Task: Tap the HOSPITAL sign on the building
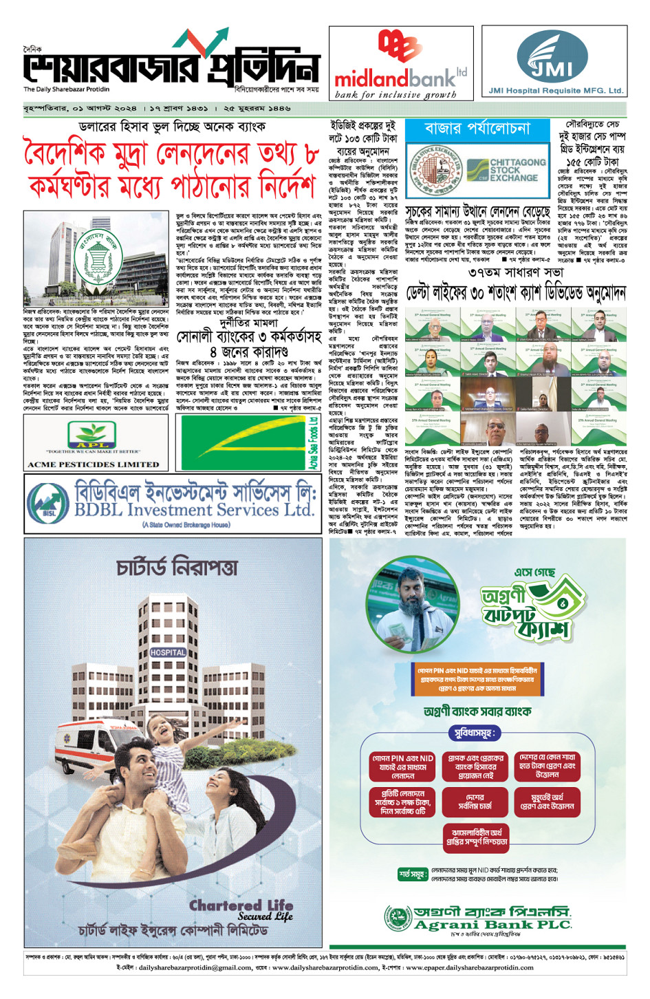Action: tap(168, 652)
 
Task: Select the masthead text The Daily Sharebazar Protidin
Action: tap(66, 89)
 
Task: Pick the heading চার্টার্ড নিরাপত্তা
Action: tap(177, 568)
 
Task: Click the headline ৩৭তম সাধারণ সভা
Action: tap(515, 272)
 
